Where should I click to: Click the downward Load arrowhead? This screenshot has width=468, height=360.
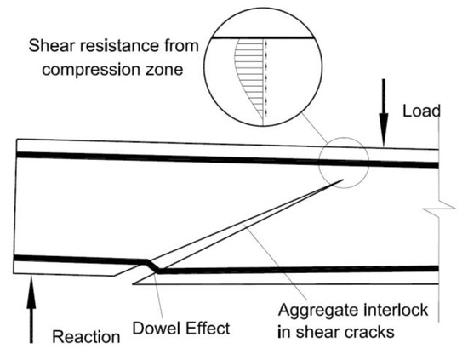(384, 136)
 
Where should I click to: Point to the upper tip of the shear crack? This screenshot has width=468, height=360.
(344, 180)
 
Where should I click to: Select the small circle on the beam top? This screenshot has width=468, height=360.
(343, 161)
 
